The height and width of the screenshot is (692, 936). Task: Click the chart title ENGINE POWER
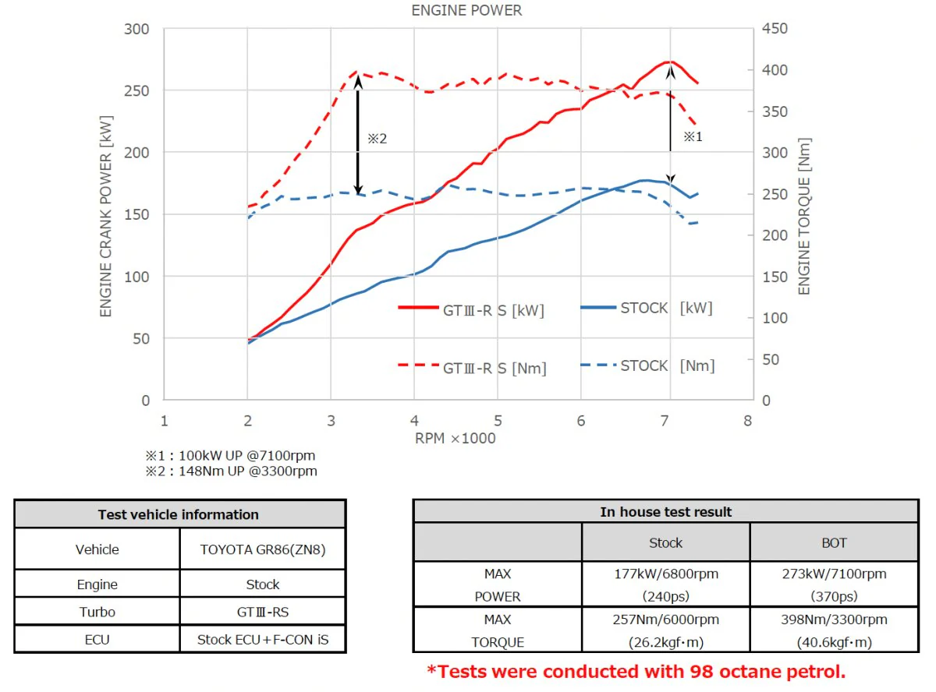466,10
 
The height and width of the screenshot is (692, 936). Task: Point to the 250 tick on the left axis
136,90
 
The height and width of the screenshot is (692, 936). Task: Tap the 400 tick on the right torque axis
775,69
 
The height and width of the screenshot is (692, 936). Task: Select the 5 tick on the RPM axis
498,421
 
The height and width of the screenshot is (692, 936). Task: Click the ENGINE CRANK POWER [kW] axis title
105,216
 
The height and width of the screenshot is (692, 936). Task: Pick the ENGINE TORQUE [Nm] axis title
804,217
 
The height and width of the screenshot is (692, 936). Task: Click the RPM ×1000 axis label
455,438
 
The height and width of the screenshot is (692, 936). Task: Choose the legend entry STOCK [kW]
647,308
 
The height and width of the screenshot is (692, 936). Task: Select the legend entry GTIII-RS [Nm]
472,368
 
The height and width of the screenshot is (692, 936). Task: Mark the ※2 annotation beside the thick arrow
377,138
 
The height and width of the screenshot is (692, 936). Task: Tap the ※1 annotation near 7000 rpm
693,136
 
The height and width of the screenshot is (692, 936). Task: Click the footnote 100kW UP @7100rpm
247,455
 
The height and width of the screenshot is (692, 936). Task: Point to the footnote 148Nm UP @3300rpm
248,471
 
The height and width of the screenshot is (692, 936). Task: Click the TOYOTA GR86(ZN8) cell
263,549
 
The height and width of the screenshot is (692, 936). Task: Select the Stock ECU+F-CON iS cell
263,640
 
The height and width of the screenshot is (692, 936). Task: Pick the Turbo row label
97,612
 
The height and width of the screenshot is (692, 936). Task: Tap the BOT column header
834,542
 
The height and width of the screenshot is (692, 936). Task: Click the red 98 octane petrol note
636,672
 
